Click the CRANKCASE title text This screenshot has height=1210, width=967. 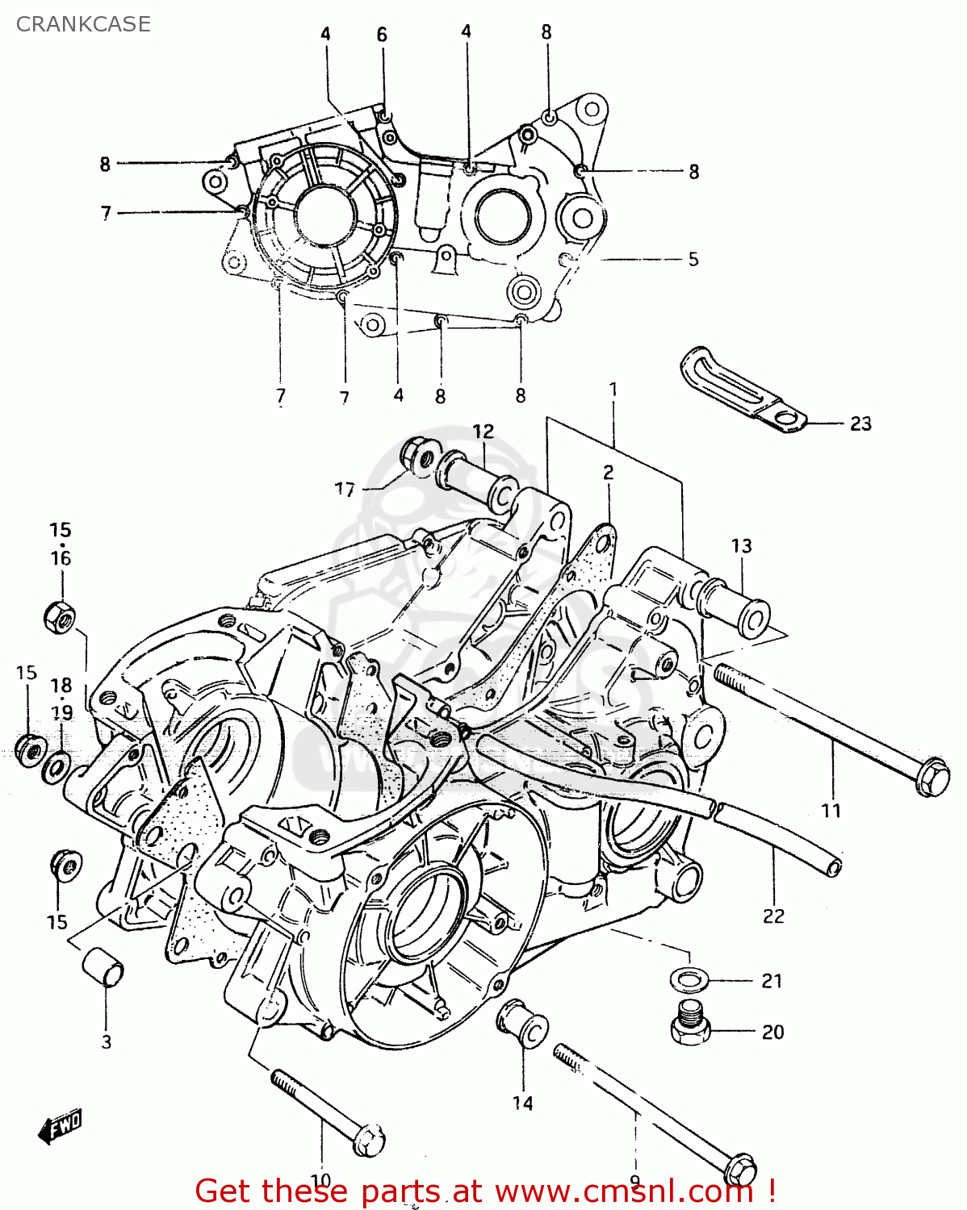tap(83, 24)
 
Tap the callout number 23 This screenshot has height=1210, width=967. tap(860, 423)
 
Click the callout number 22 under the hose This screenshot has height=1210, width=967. tap(773, 916)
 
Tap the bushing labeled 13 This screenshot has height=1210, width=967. tap(735, 606)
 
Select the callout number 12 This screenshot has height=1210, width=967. tap(483, 432)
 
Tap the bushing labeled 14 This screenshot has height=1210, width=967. tap(523, 1023)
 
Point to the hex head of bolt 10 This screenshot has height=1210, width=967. tap(369, 1140)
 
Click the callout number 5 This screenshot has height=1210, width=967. tap(693, 260)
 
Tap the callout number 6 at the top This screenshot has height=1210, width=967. tap(382, 35)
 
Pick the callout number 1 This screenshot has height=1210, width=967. tap(613, 390)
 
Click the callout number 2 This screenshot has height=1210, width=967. tap(608, 473)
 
